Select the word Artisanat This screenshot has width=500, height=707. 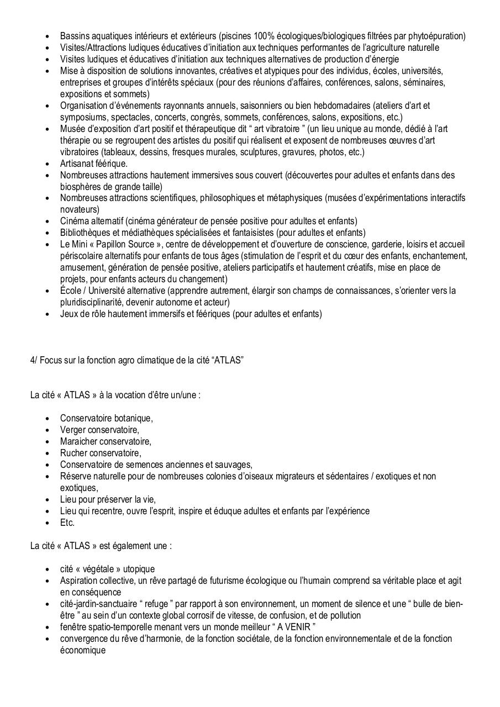pos(78,163)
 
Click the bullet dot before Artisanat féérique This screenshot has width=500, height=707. pos(48,164)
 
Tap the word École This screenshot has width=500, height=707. pos(72,291)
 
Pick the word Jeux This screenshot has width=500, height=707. pos(69,314)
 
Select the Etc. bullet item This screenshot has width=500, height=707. pos(67,523)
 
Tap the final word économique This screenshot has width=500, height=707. pos(82,650)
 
